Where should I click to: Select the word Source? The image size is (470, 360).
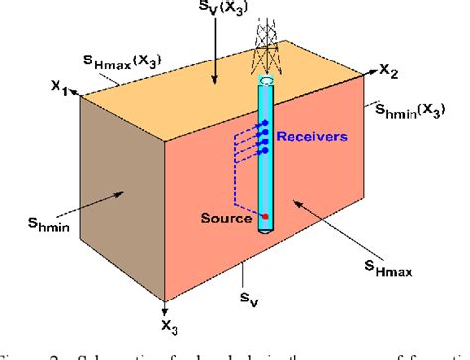pos(231,214)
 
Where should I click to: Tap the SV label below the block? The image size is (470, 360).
pos(246,295)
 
